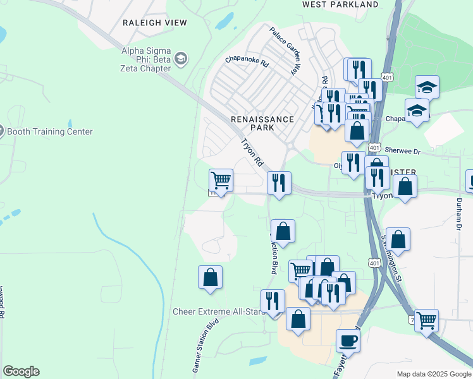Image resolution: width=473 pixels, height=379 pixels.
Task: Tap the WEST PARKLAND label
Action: (340, 4)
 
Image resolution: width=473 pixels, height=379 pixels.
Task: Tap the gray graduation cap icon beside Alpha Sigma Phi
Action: (181, 59)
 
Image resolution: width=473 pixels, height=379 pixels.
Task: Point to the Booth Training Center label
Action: (50, 131)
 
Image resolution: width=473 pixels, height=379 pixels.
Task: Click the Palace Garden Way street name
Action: (284, 51)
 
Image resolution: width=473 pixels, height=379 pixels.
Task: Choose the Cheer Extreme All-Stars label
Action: (215, 311)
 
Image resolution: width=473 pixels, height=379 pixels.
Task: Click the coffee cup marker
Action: (348, 340)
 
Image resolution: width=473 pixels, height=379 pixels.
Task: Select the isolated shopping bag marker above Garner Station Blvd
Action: (210, 277)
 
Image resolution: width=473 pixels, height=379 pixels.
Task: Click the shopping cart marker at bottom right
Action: (426, 320)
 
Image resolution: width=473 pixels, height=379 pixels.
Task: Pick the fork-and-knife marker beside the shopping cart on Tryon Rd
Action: (279, 183)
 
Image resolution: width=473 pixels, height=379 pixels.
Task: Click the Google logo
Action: (21, 371)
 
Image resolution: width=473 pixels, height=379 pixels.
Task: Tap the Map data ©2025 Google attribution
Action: (433, 374)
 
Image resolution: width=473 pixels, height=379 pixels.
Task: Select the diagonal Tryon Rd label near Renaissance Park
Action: (251, 153)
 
